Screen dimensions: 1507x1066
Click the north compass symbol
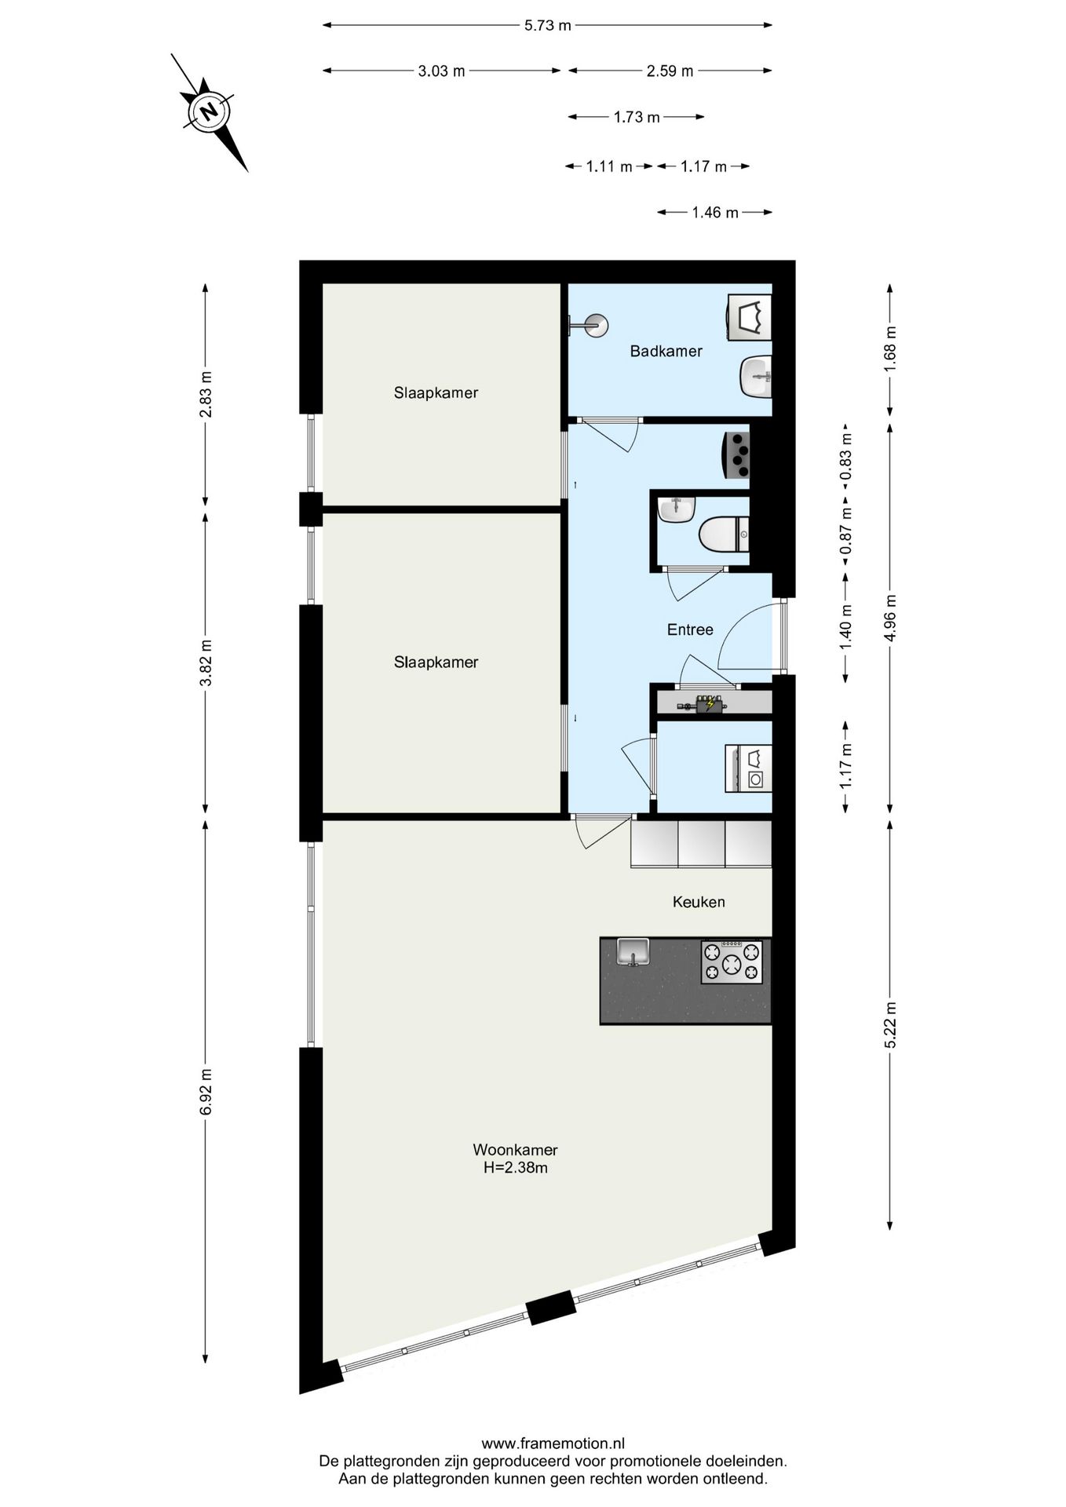[210, 111]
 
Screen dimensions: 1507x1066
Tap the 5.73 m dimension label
[547, 25]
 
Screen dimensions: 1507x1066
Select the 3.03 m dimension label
[441, 71]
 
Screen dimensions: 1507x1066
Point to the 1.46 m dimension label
[714, 212]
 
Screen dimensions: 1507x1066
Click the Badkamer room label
[666, 351]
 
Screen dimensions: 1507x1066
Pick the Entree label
[690, 629]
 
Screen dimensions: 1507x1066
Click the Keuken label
[699, 902]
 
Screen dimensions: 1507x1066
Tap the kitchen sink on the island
[632, 952]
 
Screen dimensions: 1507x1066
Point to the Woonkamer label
[515, 1150]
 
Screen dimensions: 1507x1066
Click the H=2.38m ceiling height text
[515, 1167]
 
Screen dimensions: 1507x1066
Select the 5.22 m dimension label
[889, 1024]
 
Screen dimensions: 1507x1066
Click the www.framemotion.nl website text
[553, 1443]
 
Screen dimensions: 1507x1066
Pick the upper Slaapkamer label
[436, 392]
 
